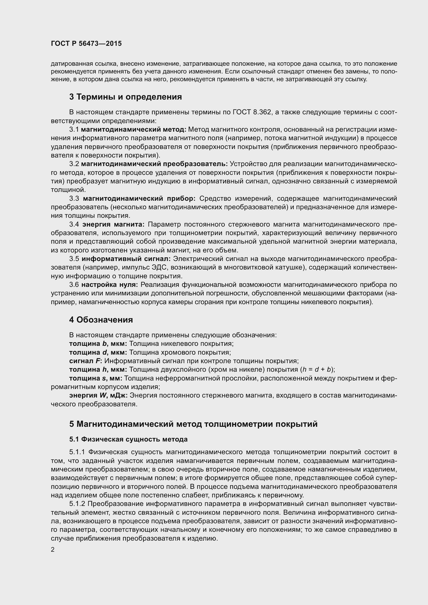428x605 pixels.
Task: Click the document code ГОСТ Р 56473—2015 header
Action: coord(86,43)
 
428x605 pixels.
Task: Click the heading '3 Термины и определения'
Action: coord(126,97)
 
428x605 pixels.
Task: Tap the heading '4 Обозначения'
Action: coord(101,320)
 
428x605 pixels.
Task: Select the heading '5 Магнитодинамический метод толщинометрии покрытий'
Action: coord(194,424)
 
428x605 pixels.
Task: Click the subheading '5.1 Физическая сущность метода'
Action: coord(128,439)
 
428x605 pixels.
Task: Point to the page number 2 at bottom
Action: coord(53,549)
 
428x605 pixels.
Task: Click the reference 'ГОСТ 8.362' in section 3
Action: coord(252,112)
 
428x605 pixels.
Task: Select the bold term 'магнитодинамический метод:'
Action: coord(134,129)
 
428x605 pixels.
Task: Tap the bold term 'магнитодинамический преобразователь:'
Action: coord(154,164)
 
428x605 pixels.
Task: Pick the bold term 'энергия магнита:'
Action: coord(114,224)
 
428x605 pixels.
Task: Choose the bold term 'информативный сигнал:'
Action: coord(126,259)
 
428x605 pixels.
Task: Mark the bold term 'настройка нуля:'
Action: coord(110,285)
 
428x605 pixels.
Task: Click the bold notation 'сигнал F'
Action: coord(85,361)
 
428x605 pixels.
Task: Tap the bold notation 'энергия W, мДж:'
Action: coord(98,395)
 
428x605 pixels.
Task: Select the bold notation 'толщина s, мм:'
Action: coord(96,378)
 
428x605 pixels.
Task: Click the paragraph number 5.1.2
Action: coord(77,504)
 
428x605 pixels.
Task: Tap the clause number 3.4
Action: coord(74,224)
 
